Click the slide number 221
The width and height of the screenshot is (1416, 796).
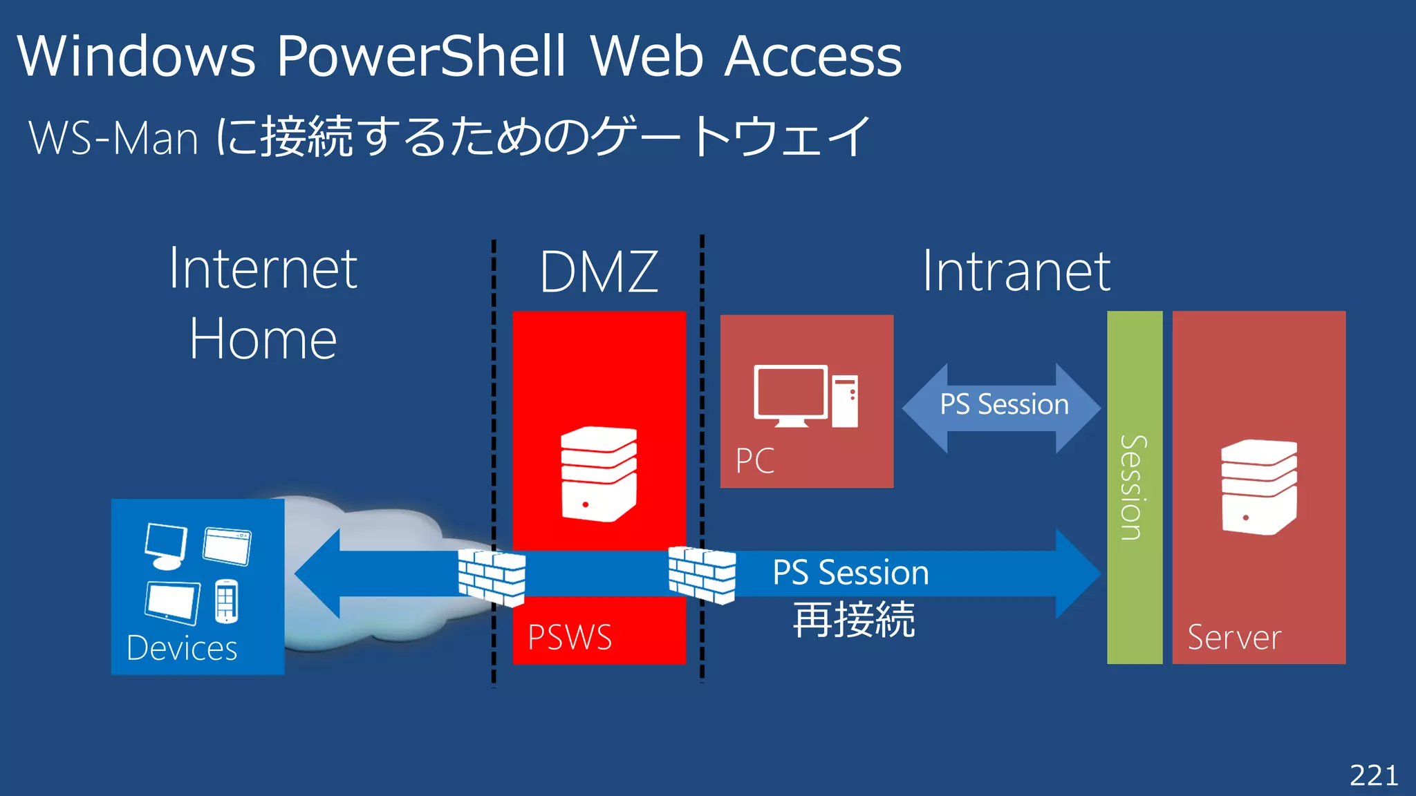(x=1373, y=775)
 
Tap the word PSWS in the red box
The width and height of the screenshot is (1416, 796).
(x=570, y=637)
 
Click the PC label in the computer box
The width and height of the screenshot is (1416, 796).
(x=754, y=461)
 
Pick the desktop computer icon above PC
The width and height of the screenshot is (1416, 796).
(x=805, y=397)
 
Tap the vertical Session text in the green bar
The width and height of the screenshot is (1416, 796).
(x=1134, y=487)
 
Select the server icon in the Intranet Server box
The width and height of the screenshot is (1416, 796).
(x=1258, y=486)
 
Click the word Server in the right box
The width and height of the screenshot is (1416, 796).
(x=1234, y=638)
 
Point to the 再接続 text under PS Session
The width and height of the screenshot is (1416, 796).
(x=854, y=620)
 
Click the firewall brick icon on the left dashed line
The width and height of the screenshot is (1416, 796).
(x=492, y=577)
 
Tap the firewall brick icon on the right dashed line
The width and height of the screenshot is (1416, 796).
(x=702, y=574)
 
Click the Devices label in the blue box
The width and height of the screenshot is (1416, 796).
(x=182, y=648)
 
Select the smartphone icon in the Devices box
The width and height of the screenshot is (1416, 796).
(x=227, y=601)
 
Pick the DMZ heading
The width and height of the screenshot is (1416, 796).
(x=599, y=272)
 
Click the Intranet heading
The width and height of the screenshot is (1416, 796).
(x=1016, y=272)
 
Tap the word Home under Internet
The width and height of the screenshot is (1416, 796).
(x=263, y=339)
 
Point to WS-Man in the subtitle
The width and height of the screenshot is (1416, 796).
(x=114, y=138)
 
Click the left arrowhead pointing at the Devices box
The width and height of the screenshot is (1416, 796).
(x=318, y=574)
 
